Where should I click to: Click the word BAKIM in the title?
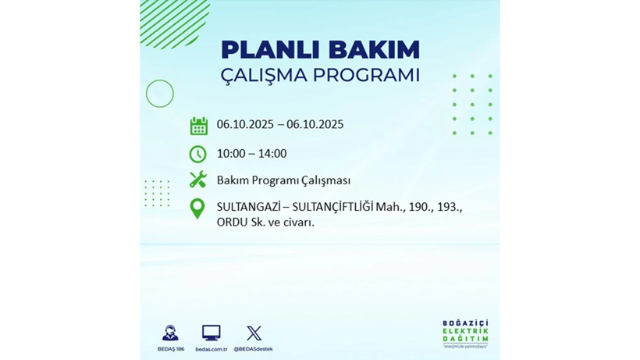373,50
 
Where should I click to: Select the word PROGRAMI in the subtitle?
367,76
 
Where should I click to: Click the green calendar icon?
198,126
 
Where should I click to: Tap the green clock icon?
198,154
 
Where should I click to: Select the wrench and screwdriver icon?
198,180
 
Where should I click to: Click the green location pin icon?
197,209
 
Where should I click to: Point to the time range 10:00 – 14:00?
251,153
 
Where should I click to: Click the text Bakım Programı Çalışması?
283,180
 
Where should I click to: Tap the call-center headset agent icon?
170,333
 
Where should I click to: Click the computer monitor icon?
211,333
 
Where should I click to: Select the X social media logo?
254,333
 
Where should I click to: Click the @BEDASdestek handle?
253,349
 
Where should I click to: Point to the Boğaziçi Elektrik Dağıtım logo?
465,334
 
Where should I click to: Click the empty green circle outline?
160,94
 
